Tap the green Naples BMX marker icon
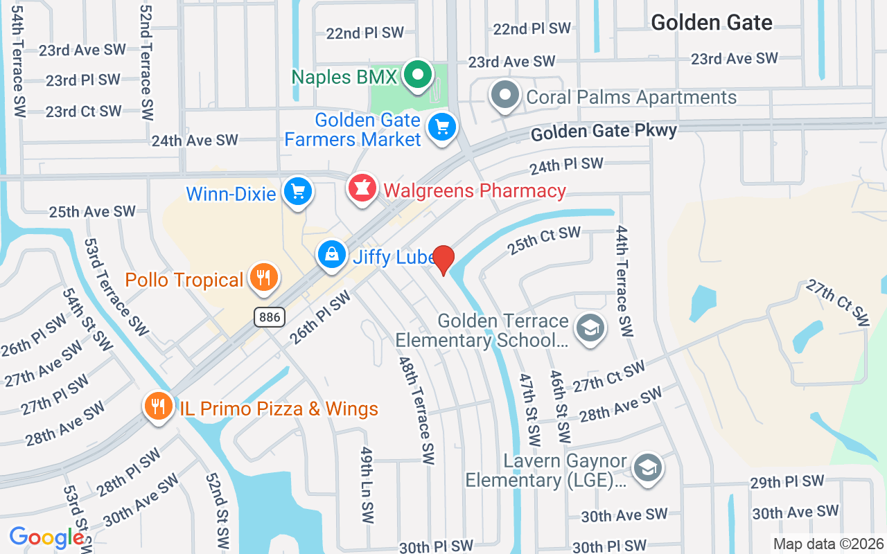[x=419, y=75]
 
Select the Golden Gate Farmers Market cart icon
[x=441, y=127]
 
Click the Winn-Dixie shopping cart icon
[x=298, y=192]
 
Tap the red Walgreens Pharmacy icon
[x=362, y=188]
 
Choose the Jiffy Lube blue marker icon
[x=333, y=255]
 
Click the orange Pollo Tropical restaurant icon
[x=263, y=278]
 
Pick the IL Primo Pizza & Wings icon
[x=159, y=406]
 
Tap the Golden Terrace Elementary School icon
[x=590, y=328]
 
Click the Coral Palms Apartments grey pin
[x=505, y=95]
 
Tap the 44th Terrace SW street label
[x=624, y=280]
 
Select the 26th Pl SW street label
[x=320, y=317]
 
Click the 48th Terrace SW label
[x=416, y=410]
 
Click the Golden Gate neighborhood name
[x=712, y=22]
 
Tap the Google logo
[x=46, y=537]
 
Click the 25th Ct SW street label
[x=543, y=239]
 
